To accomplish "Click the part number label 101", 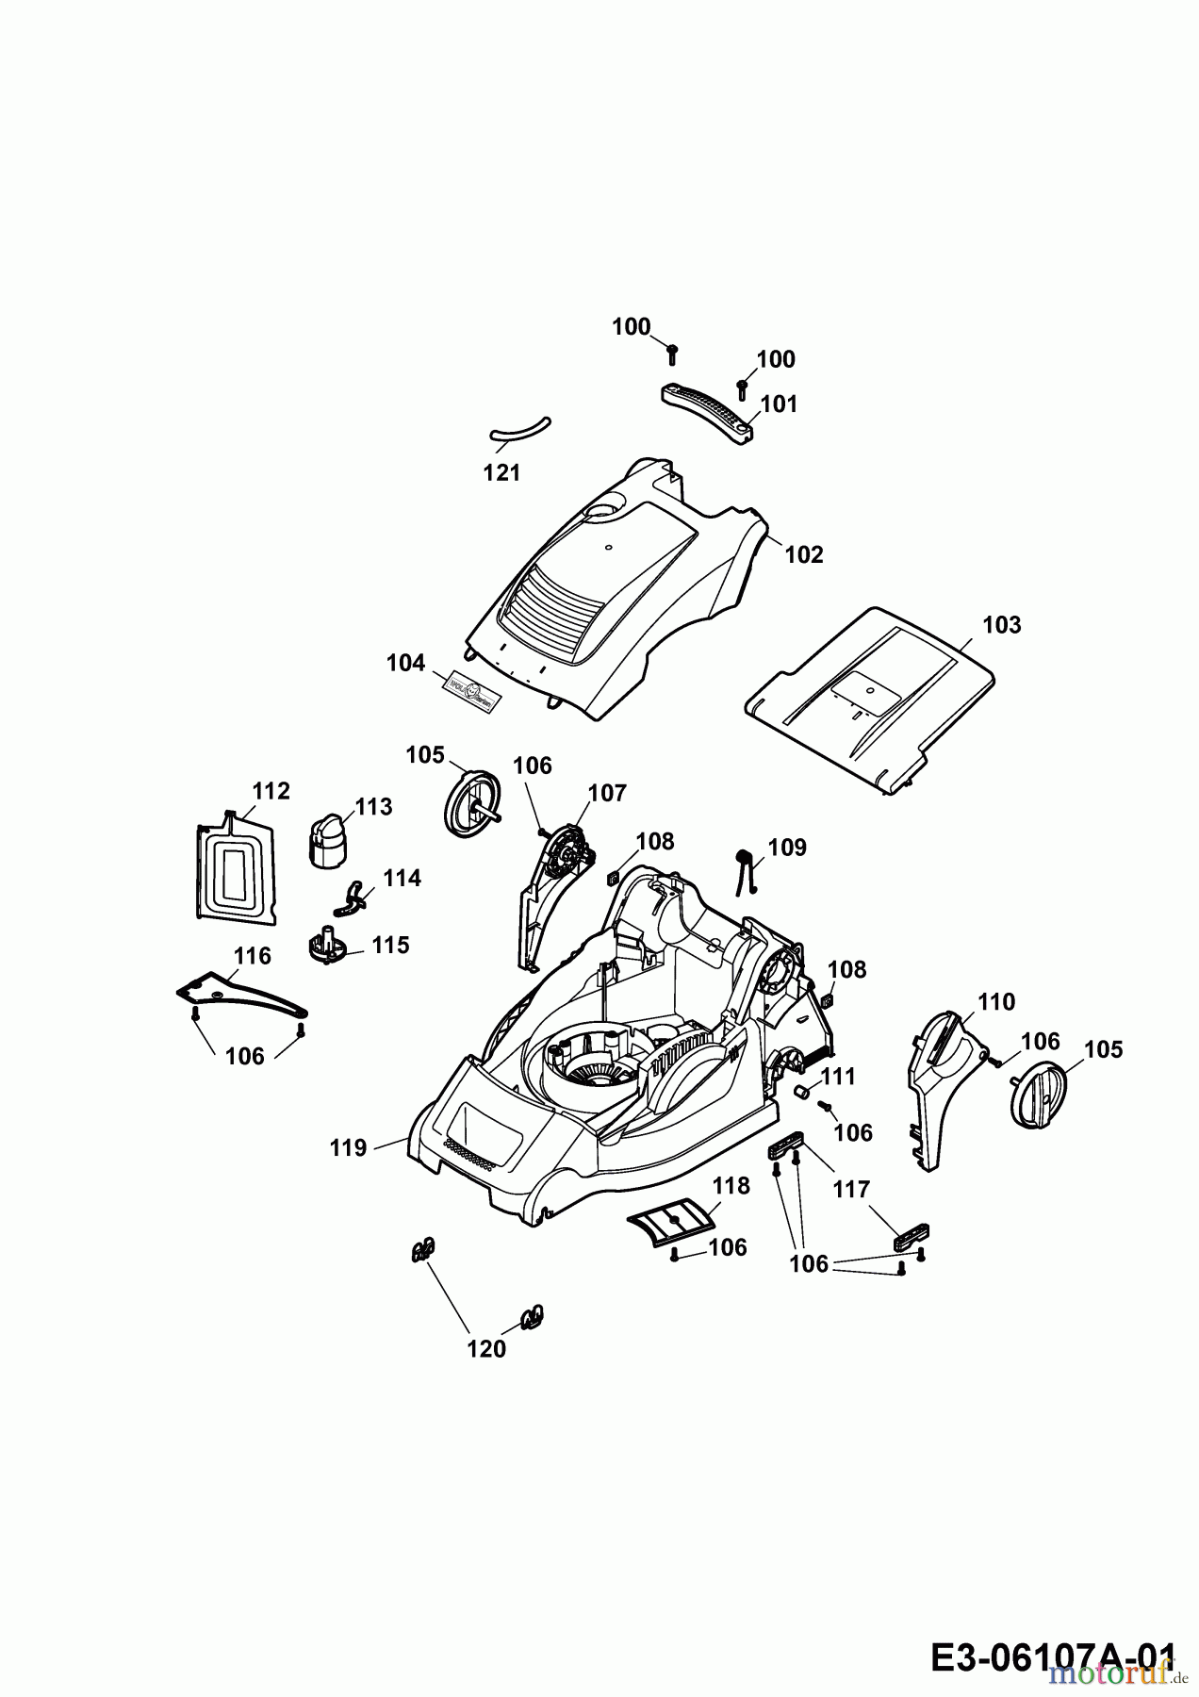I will point(779,404).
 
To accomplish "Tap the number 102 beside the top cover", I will point(803,554).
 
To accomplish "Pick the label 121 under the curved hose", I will point(501,473).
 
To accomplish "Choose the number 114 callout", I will point(402,878).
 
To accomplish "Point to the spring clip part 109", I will point(747,867).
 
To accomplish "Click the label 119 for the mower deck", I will point(348,1147).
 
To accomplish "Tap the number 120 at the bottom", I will point(486,1349).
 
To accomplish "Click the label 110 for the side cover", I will point(995,1001).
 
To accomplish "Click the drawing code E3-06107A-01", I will point(1053,1655).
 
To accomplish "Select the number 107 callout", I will point(607,793).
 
